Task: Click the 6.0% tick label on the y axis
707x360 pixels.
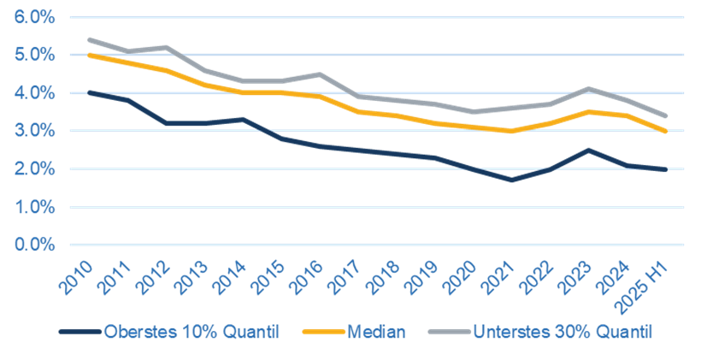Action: pyautogui.click(x=34, y=16)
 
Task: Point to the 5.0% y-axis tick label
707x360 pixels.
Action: pyautogui.click(x=34, y=55)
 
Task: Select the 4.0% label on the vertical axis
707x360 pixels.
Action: pyautogui.click(x=34, y=92)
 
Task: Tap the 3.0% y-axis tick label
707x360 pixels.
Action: pyautogui.click(x=34, y=131)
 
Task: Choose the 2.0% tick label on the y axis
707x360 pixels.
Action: pyautogui.click(x=34, y=168)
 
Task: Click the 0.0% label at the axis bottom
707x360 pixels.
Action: pyautogui.click(x=34, y=245)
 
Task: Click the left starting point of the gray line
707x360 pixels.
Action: pyautogui.click(x=88, y=38)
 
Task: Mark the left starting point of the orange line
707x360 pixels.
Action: pyautogui.click(x=88, y=56)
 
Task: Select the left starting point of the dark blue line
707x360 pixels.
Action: pyautogui.click(x=88, y=91)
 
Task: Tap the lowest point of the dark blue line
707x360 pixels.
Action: pyautogui.click(x=513, y=180)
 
